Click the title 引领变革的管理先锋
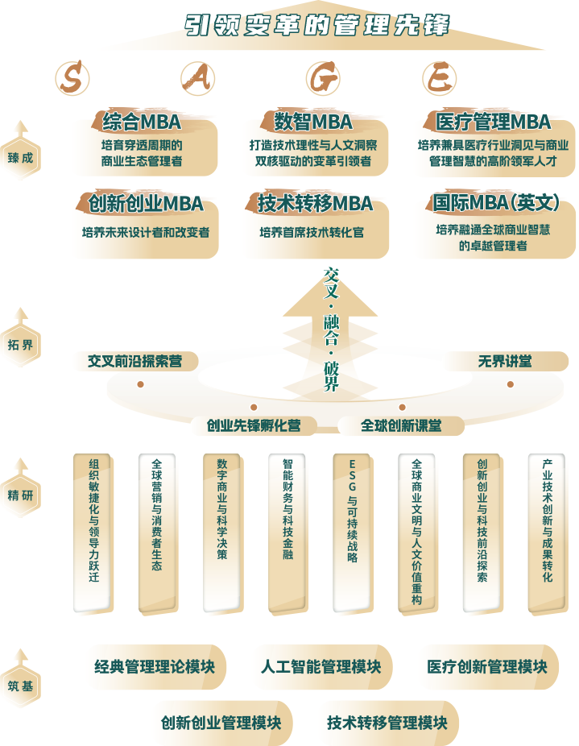(316, 25)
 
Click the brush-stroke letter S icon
(73, 78)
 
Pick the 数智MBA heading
(313, 122)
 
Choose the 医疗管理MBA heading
(493, 122)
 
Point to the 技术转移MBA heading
(315, 203)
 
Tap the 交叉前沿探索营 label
(134, 362)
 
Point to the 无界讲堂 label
(505, 361)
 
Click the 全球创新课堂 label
(401, 425)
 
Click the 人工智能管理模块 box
(321, 667)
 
